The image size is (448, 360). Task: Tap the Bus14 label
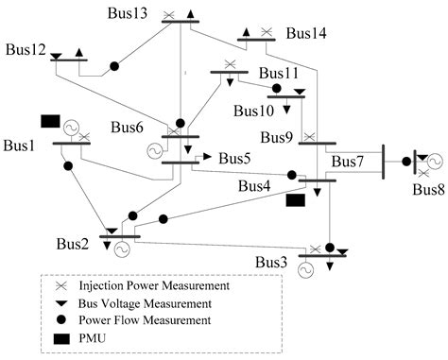[306, 34]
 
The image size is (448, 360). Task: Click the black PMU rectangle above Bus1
[50, 121]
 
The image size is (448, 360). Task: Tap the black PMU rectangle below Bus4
[296, 199]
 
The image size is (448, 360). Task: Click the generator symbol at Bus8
[435, 162]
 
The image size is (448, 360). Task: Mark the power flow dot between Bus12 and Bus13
[114, 66]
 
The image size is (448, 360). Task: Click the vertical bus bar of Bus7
[383, 160]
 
